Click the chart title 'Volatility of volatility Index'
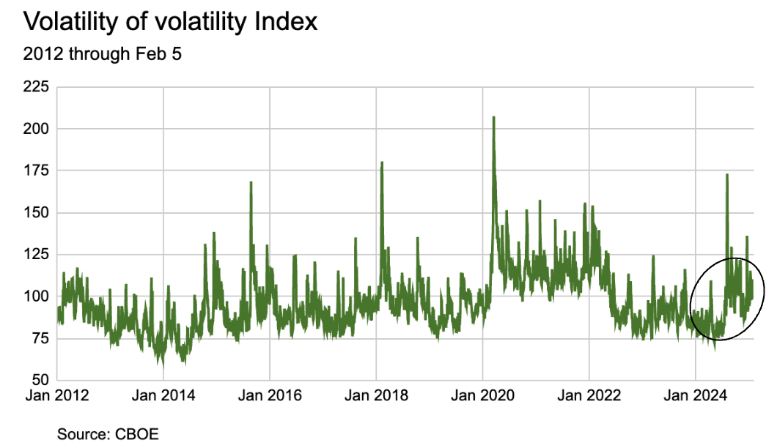coord(171,21)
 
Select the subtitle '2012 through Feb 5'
coord(103,55)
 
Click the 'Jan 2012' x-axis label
coord(57,396)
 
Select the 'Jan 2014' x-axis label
coord(163,396)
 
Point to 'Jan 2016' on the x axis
coord(270,396)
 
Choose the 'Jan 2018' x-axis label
coord(376,396)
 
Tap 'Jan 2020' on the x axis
coord(482,396)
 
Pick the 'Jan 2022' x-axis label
coord(589,396)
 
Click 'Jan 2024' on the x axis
coord(695,396)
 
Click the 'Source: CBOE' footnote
coord(108,433)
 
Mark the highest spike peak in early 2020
coord(493,117)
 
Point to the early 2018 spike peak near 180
coord(382,163)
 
